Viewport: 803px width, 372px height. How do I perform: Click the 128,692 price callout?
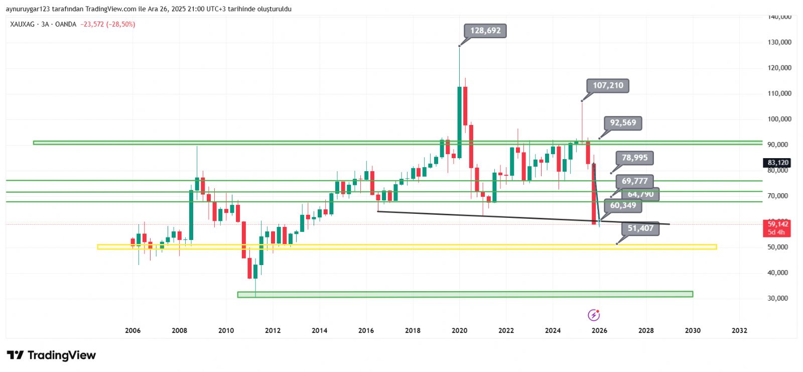[x=485, y=31]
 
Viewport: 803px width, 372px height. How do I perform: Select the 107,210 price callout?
[x=608, y=85]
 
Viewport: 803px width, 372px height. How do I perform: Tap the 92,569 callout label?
[x=623, y=123]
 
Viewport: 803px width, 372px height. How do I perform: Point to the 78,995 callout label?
[x=634, y=158]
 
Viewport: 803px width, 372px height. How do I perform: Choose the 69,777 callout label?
[x=634, y=181]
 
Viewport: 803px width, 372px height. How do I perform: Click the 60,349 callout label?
[x=623, y=205]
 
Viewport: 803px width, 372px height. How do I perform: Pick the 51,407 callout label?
[x=640, y=228]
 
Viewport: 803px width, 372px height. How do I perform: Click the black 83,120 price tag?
[x=777, y=163]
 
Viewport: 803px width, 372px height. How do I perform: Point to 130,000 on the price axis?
[x=779, y=42]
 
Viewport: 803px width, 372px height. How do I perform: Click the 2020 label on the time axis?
[x=459, y=330]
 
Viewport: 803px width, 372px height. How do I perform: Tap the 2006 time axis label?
[x=132, y=330]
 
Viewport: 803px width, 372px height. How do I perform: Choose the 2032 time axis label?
[x=739, y=330]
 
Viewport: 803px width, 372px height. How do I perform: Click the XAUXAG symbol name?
[x=22, y=24]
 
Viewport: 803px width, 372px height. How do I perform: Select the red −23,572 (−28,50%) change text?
[x=107, y=24]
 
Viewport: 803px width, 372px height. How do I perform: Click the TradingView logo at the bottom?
[x=51, y=355]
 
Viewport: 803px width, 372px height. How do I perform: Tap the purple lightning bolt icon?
[x=594, y=315]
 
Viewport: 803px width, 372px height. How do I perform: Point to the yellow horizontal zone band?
[x=407, y=247]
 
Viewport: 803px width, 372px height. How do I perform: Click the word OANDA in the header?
[x=65, y=24]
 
